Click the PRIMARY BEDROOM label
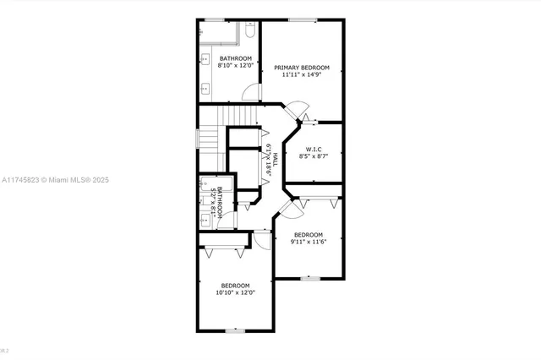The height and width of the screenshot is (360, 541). [x=302, y=67]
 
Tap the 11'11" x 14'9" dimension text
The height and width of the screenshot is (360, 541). [x=302, y=74]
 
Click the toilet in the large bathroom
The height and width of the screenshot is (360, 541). [x=249, y=33]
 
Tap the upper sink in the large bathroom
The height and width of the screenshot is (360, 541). [x=205, y=59]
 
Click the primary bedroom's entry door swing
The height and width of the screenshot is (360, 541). [x=293, y=110]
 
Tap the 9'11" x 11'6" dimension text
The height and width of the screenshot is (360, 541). [x=309, y=242]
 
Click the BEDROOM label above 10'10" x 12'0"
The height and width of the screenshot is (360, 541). [x=236, y=285]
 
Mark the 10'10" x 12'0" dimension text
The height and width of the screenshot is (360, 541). [x=236, y=292]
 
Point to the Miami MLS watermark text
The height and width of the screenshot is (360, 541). [x=56, y=180]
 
